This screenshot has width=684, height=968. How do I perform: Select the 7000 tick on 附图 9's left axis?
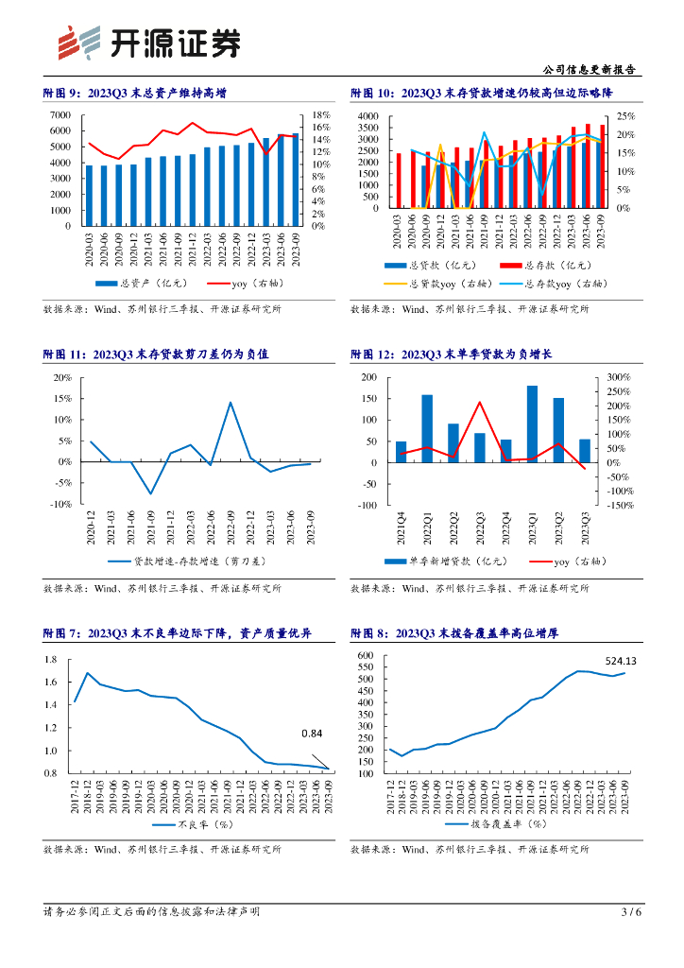pyautogui.click(x=60, y=115)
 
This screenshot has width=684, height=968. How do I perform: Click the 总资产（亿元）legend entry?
pyautogui.click(x=142, y=283)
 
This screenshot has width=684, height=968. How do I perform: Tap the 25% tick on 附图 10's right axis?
pyautogui.click(x=625, y=115)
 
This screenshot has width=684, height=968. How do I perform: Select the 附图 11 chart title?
pyautogui.click(x=156, y=354)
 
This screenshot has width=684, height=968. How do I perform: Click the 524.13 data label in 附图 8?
pyautogui.click(x=620, y=661)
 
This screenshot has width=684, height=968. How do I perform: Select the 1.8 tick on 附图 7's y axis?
pyautogui.click(x=51, y=659)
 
